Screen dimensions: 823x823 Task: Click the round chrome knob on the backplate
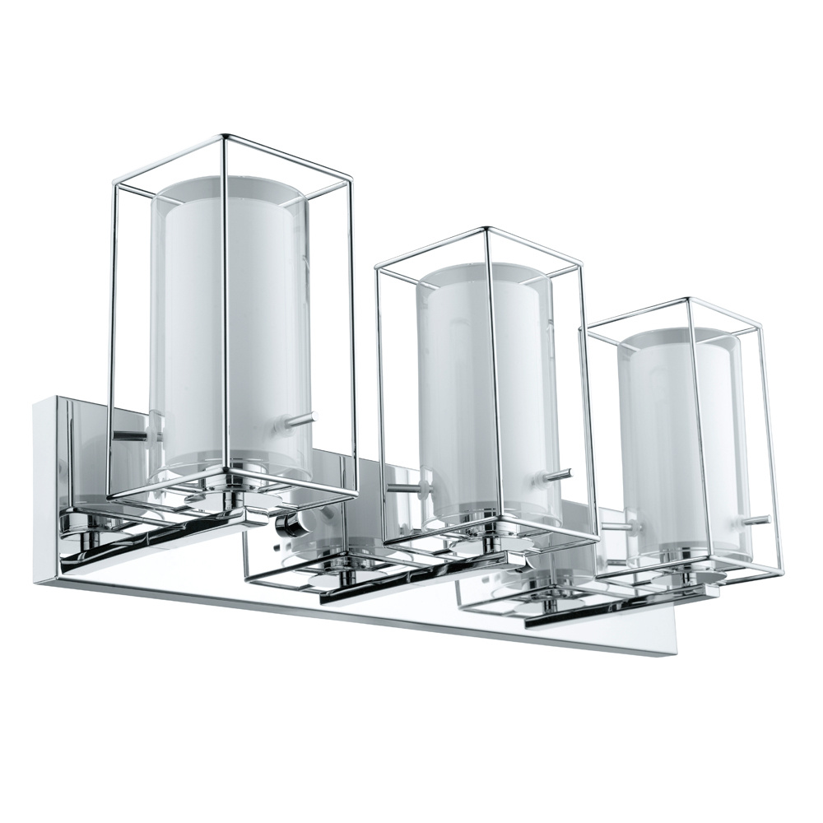pos(290,524)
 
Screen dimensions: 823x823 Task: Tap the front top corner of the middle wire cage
pos(488,228)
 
